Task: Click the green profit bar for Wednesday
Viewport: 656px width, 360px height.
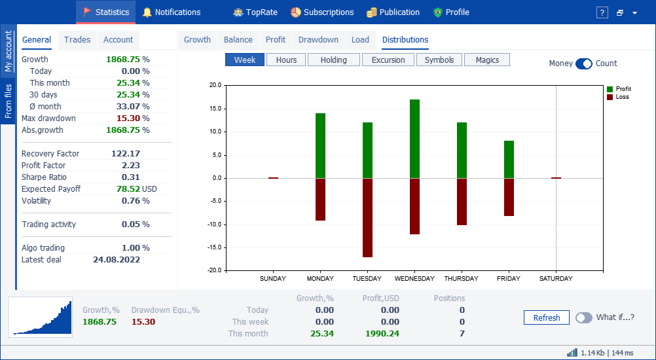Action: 414,139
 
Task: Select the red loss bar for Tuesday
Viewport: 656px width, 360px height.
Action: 368,218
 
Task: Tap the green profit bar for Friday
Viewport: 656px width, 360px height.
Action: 509,160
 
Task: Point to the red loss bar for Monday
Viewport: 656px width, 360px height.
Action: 320,200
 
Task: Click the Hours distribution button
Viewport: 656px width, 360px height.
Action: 286,60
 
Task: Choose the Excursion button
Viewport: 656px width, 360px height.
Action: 388,60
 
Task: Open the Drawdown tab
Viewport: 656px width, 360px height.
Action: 318,40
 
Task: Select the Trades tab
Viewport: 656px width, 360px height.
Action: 77,40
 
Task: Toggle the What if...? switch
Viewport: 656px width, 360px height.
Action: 584,317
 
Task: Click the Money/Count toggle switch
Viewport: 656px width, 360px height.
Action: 584,63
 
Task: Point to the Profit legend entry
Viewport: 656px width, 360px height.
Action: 619,89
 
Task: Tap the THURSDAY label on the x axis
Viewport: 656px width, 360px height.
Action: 461,278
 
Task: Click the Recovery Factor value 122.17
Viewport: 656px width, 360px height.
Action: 126,153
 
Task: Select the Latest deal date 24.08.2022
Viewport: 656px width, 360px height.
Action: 117,260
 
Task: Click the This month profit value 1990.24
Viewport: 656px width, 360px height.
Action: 382,334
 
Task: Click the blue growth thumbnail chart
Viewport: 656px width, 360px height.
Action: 40,315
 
